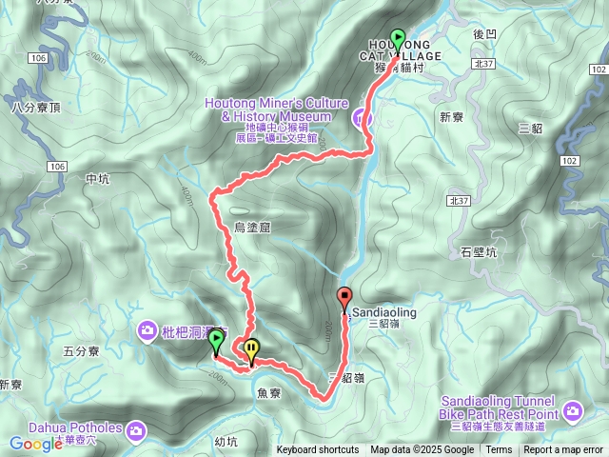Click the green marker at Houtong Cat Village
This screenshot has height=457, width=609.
(398, 39)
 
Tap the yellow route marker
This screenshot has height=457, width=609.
(250, 349)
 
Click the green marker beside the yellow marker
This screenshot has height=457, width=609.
(216, 340)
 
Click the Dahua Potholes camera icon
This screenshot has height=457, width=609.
(136, 427)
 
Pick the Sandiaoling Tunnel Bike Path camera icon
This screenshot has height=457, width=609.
(572, 411)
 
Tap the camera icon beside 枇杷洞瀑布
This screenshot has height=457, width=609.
(147, 330)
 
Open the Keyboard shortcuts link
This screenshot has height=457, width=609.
(318, 450)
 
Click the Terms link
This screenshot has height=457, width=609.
(499, 450)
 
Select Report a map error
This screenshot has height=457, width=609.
(564, 450)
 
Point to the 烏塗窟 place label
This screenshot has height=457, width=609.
(253, 227)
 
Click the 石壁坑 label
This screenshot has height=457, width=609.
(479, 252)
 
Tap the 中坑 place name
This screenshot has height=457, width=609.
(98, 178)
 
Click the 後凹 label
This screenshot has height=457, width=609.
(484, 33)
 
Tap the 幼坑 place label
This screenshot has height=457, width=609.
(226, 441)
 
